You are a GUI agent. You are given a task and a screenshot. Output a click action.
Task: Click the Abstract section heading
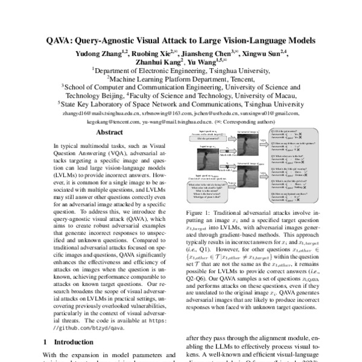[x=110, y=132]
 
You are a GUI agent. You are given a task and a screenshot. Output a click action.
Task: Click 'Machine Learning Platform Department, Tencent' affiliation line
[x=181, y=78]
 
